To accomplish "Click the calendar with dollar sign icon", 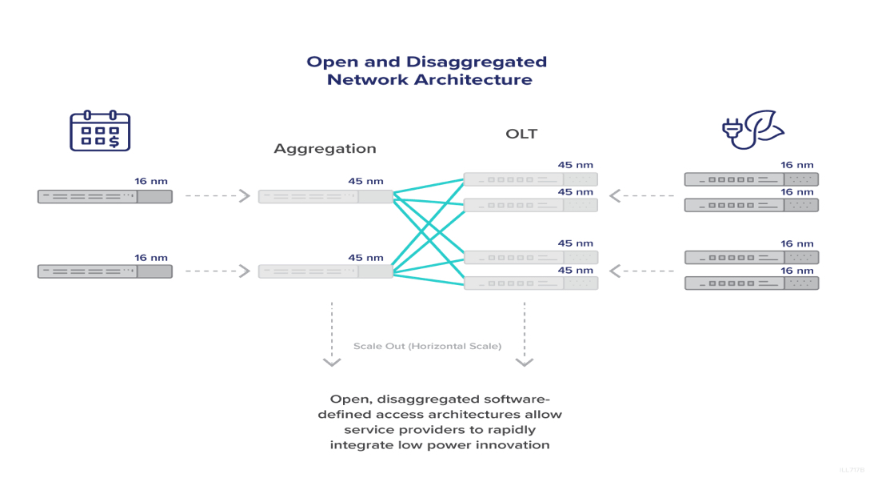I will point(100,131).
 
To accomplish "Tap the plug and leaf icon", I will point(752,131).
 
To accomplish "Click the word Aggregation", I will point(325,149).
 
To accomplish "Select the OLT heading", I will point(521,134).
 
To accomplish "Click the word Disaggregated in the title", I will point(477,62).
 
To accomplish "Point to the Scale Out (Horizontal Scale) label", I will point(427,347).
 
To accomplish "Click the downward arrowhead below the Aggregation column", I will point(332,363).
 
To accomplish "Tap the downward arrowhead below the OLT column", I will point(525,363).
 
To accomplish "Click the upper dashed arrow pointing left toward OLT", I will point(641,195).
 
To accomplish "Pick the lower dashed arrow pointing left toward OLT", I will point(641,271).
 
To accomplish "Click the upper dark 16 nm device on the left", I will point(105,196).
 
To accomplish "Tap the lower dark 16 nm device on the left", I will point(105,271).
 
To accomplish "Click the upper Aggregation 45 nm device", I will point(325,196).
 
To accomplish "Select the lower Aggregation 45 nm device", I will point(325,271).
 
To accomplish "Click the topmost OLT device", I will point(530,179).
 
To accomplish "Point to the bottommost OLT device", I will point(530,283).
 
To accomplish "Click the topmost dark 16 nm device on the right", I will point(751,179).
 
